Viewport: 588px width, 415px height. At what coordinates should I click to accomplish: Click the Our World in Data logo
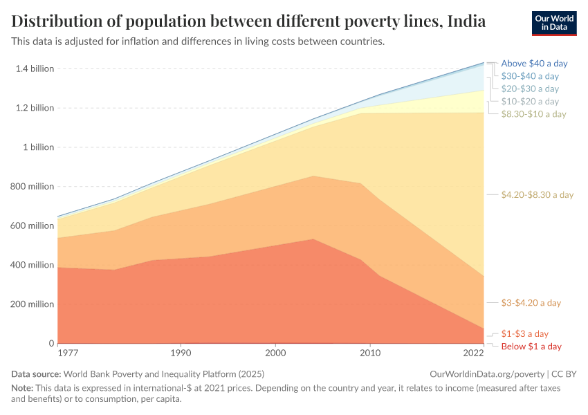(x=554, y=23)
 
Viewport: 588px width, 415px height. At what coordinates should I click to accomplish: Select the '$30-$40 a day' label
(x=530, y=76)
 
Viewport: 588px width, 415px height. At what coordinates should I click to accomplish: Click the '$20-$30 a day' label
(x=530, y=89)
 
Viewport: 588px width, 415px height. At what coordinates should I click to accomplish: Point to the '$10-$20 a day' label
(x=530, y=101)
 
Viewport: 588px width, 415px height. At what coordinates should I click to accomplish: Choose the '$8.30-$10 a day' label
(x=533, y=113)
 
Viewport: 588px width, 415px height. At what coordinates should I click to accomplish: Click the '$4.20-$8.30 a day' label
(x=538, y=194)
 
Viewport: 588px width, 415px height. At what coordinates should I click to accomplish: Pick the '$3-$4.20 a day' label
(x=531, y=303)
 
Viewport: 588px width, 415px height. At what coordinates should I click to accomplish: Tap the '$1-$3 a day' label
(x=524, y=333)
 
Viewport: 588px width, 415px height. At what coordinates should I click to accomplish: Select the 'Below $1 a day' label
(x=531, y=346)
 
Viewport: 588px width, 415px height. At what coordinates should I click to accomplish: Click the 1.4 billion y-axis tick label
(x=34, y=68)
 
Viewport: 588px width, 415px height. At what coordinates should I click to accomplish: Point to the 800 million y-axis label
(x=31, y=186)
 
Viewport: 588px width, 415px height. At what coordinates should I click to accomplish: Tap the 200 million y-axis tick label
(x=31, y=304)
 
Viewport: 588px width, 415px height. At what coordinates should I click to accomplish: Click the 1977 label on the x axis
(x=68, y=353)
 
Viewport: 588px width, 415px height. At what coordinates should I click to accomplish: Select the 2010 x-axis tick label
(x=370, y=353)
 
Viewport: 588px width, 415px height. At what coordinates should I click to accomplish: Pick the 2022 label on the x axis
(x=473, y=353)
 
